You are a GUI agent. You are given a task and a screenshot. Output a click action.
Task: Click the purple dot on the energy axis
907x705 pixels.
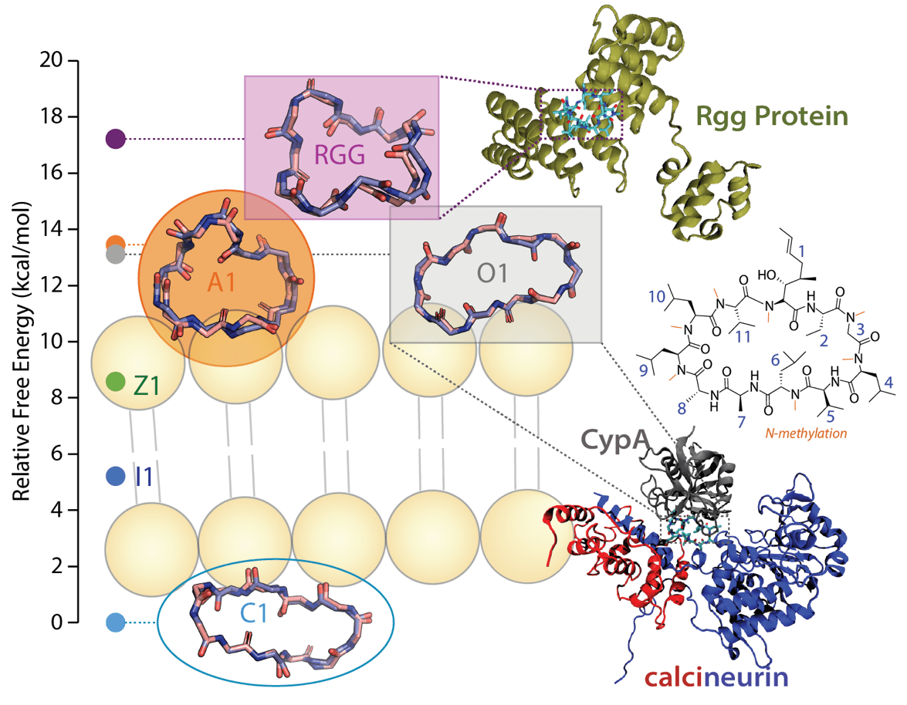tap(116, 139)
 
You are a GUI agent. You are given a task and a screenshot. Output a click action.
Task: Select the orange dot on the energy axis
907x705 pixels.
tap(116, 244)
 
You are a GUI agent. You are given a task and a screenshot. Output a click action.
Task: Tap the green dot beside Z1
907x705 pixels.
tap(115, 381)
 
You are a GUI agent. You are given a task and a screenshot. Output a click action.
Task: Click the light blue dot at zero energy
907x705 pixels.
tap(115, 622)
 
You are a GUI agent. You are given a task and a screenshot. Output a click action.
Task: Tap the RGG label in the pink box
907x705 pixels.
tap(340, 157)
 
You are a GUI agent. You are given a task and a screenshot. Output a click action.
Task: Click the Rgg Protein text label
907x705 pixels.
tap(771, 116)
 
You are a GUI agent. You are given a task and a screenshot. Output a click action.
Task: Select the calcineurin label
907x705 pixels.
tap(717, 678)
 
